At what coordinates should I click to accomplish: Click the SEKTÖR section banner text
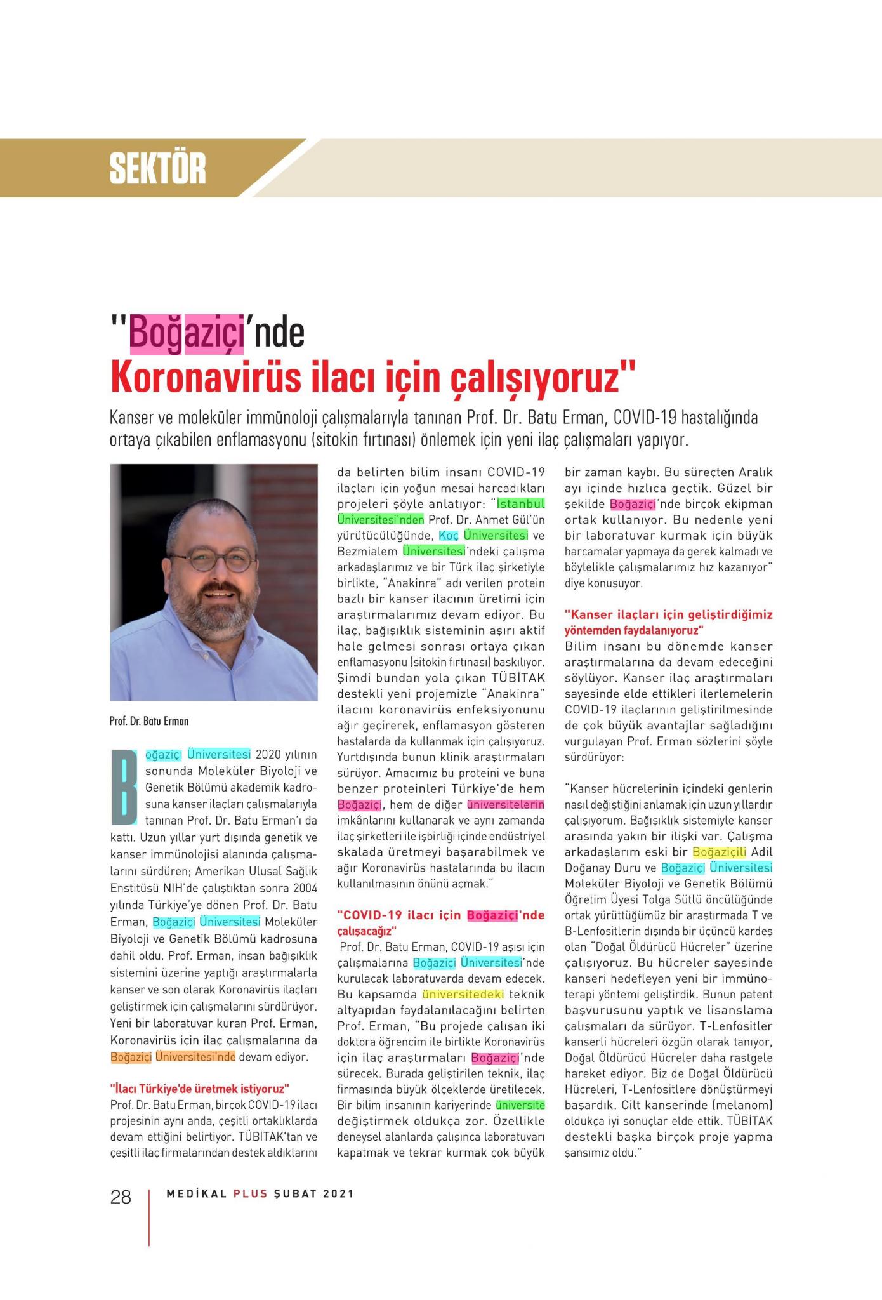tap(157, 169)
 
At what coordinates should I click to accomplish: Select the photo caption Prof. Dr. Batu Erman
tap(149, 721)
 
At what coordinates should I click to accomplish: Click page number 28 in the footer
tap(121, 1197)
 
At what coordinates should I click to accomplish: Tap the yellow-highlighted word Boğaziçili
tap(720, 852)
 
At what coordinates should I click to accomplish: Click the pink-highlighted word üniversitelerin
tap(506, 805)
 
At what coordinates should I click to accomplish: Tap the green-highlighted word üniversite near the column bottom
tap(520, 1104)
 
